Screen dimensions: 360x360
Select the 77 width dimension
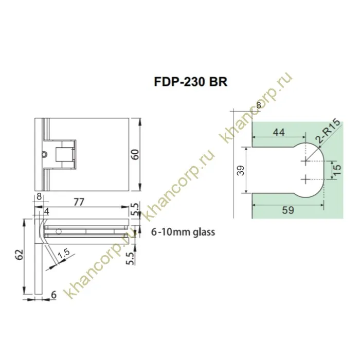(79, 202)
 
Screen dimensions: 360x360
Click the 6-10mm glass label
(183, 232)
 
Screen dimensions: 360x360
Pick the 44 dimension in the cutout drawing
(278, 132)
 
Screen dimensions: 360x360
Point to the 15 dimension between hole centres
(336, 170)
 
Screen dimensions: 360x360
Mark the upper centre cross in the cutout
(306, 161)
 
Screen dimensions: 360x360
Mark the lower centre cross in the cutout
(306, 179)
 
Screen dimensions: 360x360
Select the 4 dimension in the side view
(46, 211)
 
